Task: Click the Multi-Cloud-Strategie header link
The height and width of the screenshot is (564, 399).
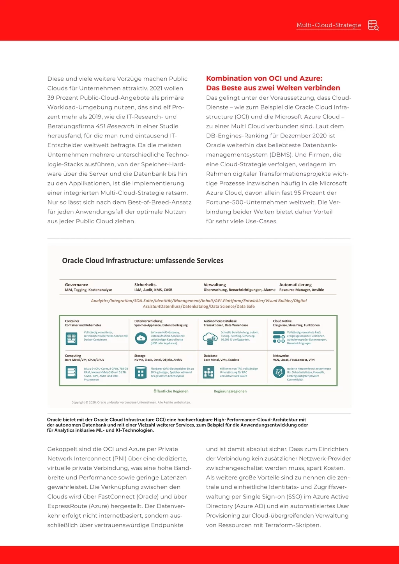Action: click(x=328, y=25)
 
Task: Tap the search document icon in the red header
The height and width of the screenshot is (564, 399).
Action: click(x=373, y=25)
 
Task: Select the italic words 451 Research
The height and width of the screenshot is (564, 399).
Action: click(x=115, y=126)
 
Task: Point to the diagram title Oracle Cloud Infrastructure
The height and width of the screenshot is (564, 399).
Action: click(x=143, y=261)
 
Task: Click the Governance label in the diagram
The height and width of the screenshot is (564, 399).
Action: click(x=76, y=285)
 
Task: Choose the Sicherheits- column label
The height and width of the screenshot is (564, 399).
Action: click(x=145, y=285)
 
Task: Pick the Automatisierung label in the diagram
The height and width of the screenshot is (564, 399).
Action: click(x=295, y=285)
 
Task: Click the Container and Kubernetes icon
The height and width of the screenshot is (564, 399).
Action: click(x=71, y=338)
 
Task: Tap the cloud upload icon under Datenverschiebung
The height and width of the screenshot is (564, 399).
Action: click(x=141, y=338)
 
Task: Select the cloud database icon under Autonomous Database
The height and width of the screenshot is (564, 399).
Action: click(x=210, y=338)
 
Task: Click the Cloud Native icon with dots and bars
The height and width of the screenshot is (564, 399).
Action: click(x=279, y=337)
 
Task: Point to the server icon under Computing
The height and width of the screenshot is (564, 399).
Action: click(x=71, y=373)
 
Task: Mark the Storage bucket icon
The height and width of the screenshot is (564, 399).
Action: click(x=141, y=373)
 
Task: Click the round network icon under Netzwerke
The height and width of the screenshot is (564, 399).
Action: click(x=279, y=372)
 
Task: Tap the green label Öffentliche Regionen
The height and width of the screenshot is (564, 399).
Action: click(x=171, y=391)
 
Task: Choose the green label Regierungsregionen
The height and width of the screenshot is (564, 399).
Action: click(x=230, y=391)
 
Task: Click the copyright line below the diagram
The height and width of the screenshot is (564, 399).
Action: click(x=131, y=402)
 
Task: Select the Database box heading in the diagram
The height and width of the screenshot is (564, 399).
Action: click(x=210, y=356)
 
